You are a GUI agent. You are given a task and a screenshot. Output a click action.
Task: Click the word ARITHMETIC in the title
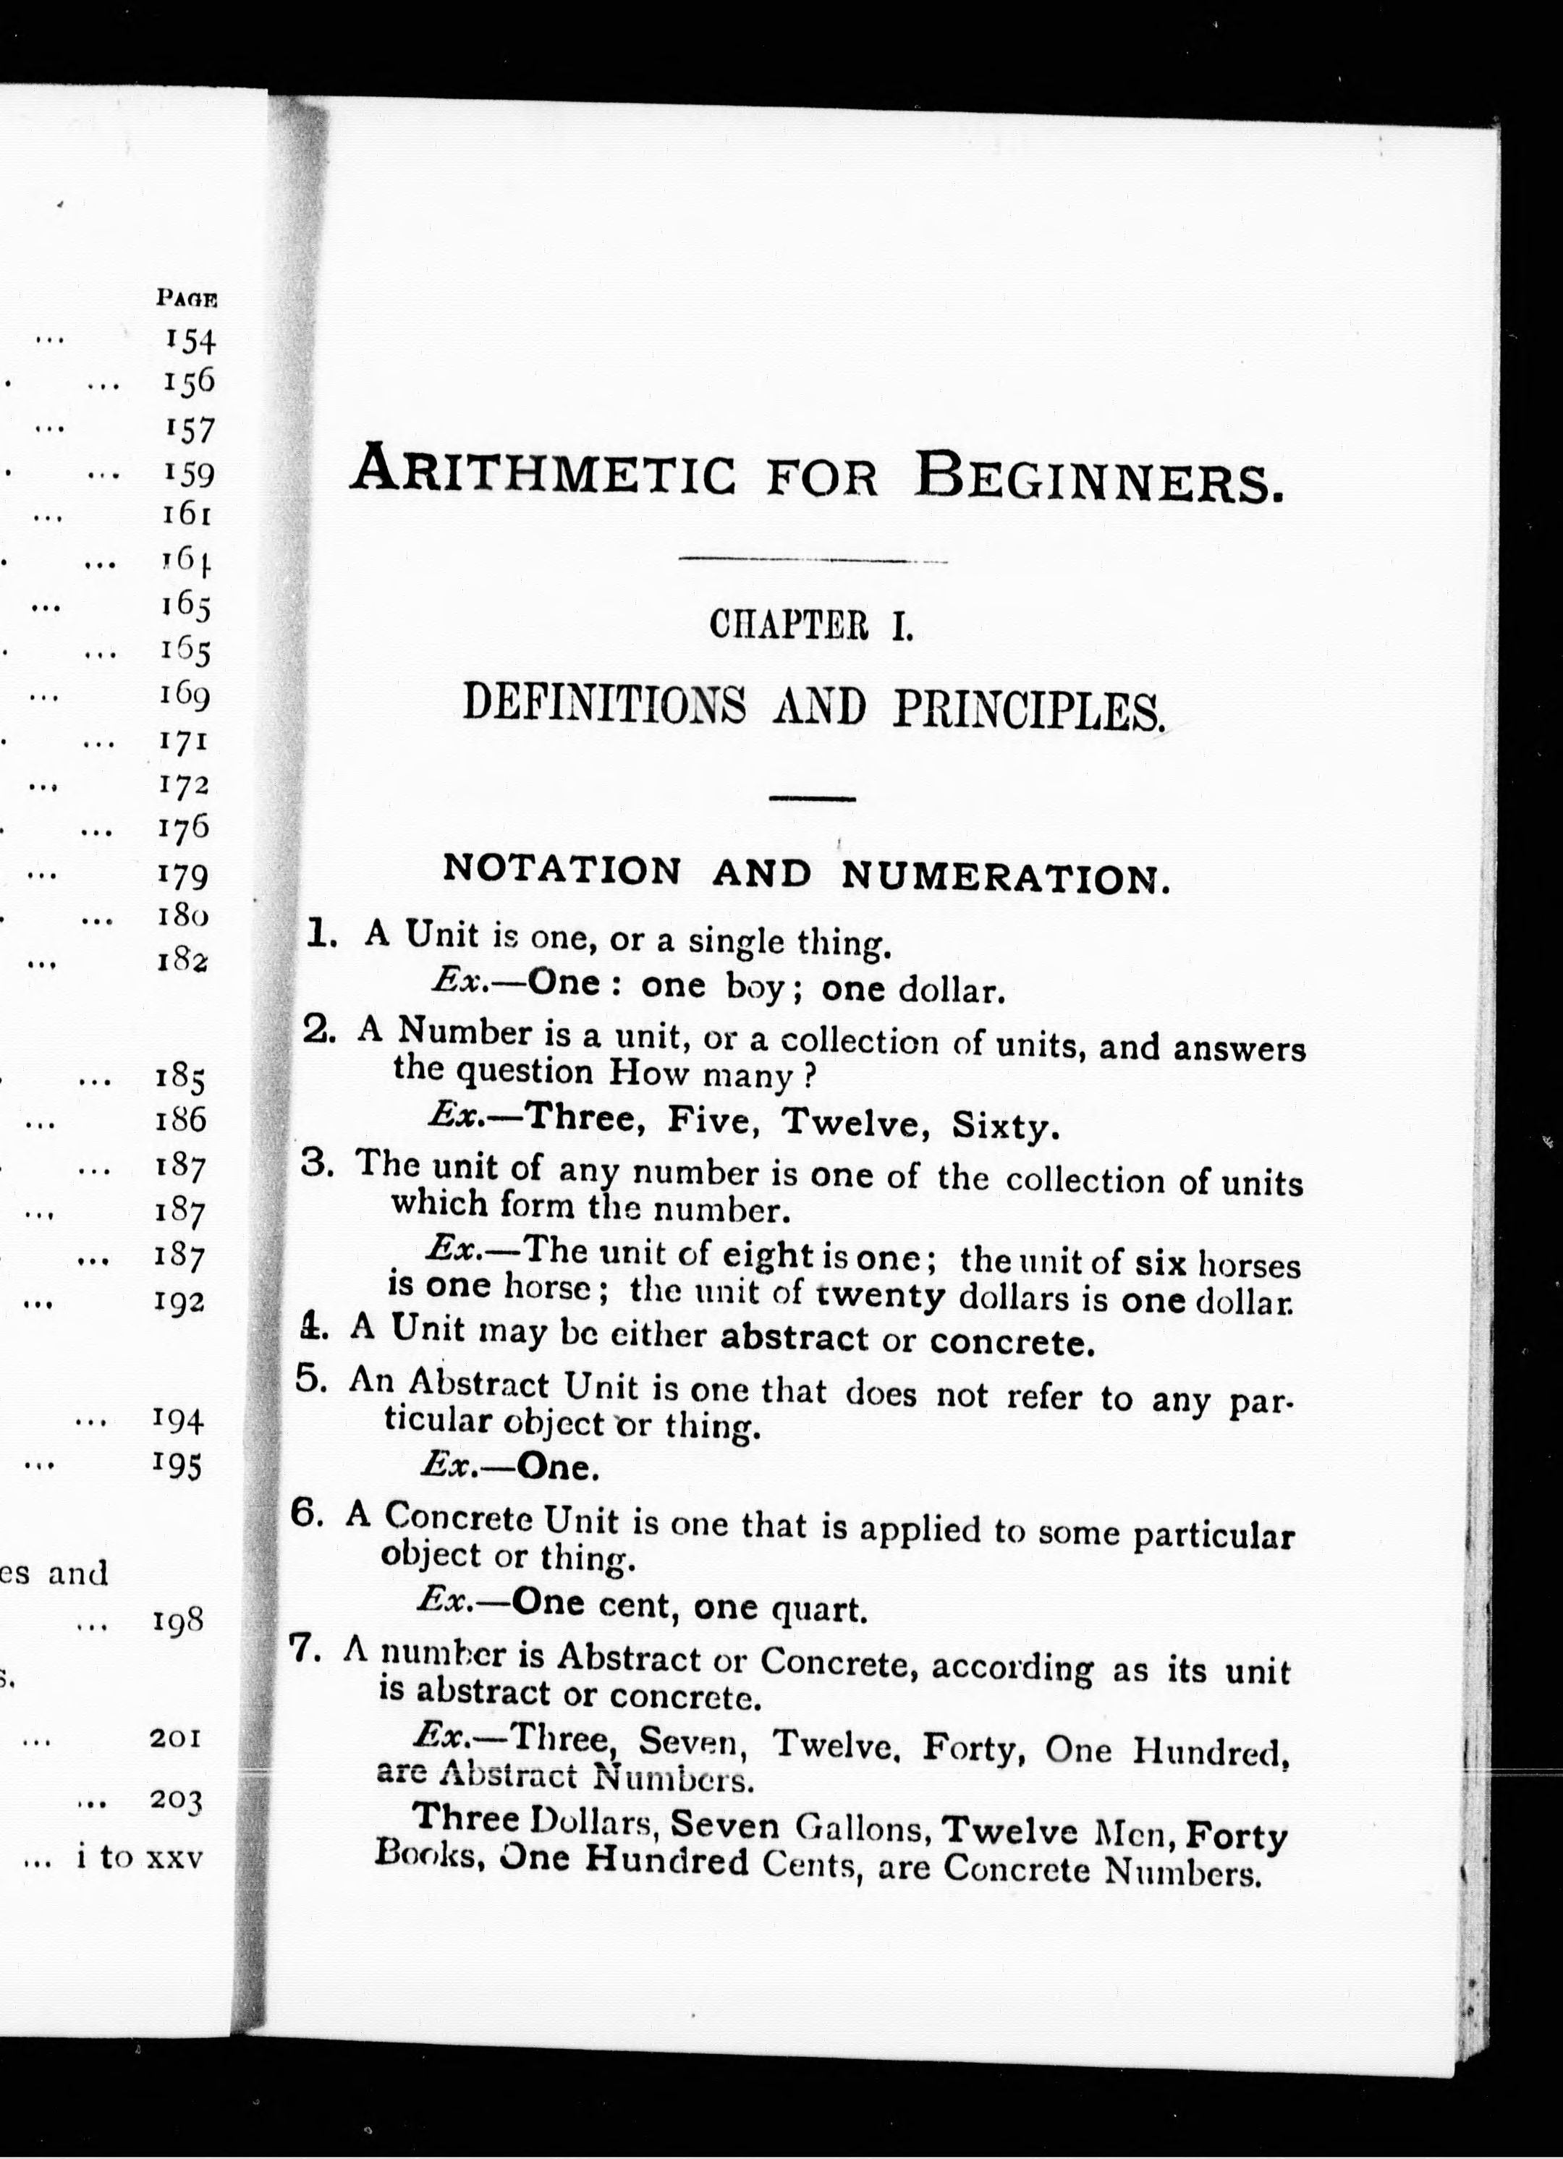(543, 471)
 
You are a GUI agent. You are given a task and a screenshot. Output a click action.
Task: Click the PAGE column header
(187, 298)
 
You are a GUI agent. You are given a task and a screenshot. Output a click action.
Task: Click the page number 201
(175, 1738)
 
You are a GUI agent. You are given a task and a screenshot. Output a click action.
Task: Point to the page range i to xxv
(140, 1857)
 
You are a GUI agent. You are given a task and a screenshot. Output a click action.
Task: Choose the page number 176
(184, 826)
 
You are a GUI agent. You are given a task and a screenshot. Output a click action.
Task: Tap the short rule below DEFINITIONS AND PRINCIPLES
(812, 799)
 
